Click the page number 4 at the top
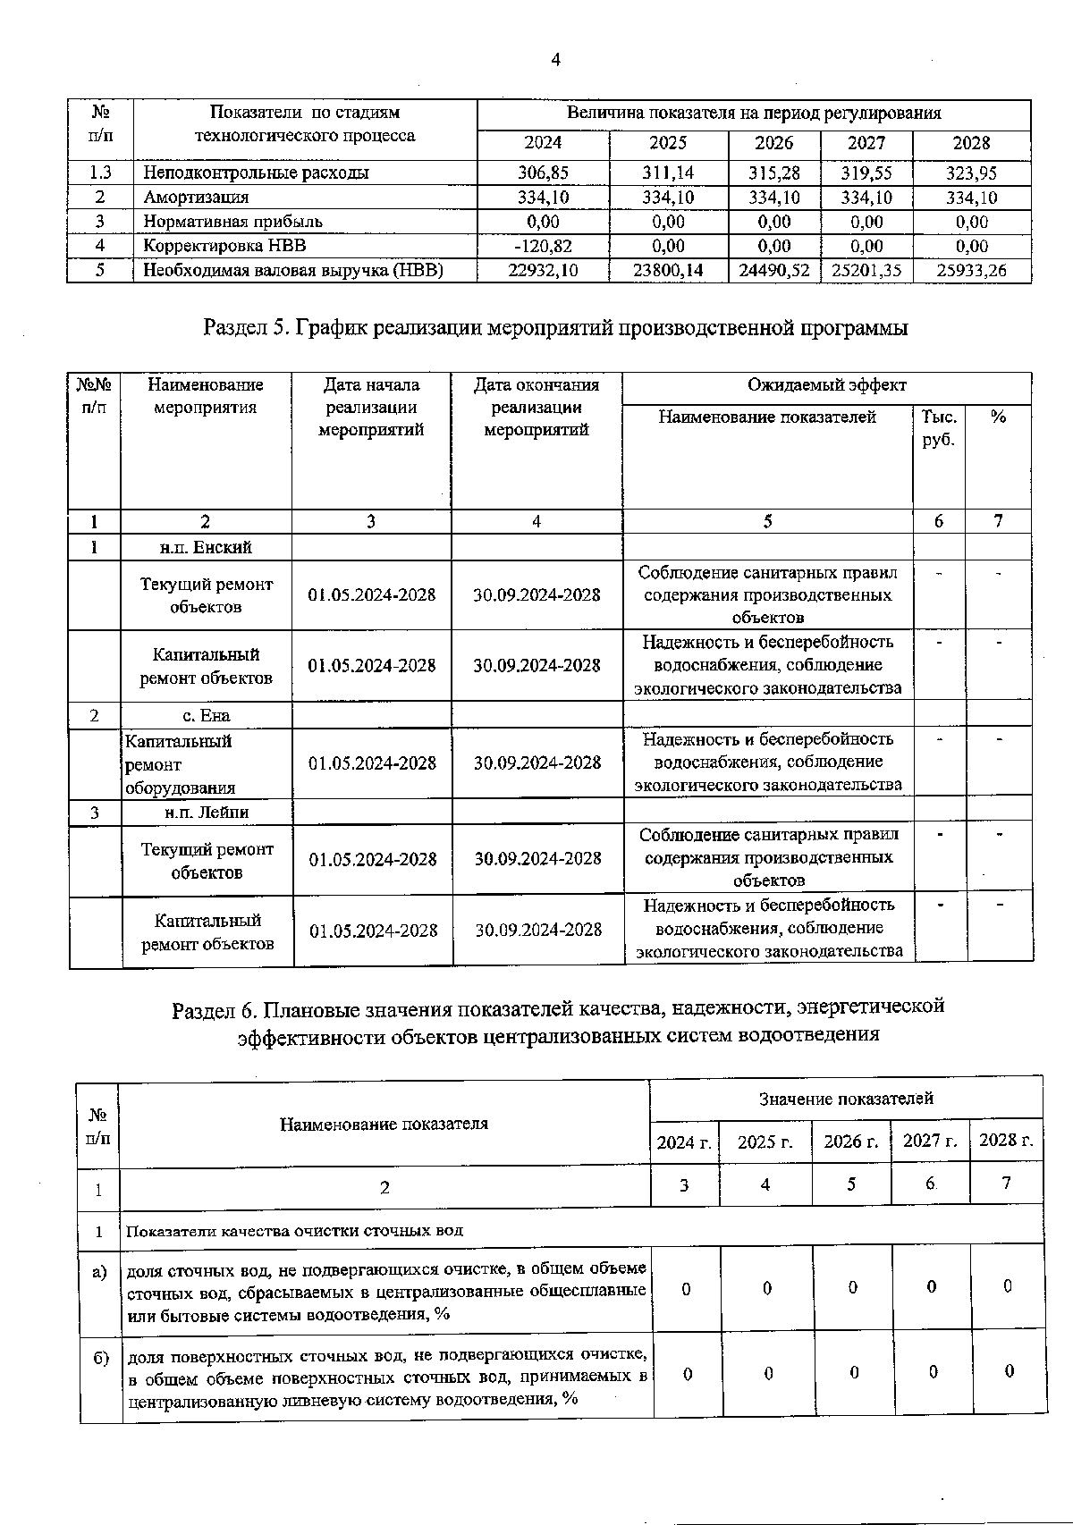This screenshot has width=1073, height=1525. [556, 61]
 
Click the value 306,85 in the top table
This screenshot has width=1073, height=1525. [543, 173]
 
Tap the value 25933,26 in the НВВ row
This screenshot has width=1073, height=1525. [971, 270]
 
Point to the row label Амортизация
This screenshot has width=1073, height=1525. [197, 198]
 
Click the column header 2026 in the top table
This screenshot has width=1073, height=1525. [773, 143]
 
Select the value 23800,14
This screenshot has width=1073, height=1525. [668, 270]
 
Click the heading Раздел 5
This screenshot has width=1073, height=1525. [555, 328]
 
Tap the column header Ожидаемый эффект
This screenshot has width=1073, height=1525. [826, 385]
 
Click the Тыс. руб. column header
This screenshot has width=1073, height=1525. [938, 428]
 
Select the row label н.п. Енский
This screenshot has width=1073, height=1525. [206, 547]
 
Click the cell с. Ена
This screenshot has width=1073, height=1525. [206, 715]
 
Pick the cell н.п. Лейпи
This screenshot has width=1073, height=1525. [207, 812]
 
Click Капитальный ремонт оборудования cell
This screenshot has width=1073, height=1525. [179, 763]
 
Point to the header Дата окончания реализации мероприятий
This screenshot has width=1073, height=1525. [536, 407]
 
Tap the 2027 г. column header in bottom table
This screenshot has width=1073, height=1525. [929, 1141]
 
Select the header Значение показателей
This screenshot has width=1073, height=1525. [845, 1099]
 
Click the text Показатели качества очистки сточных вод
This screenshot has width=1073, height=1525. [294, 1230]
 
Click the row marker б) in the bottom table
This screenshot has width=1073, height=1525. [101, 1356]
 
